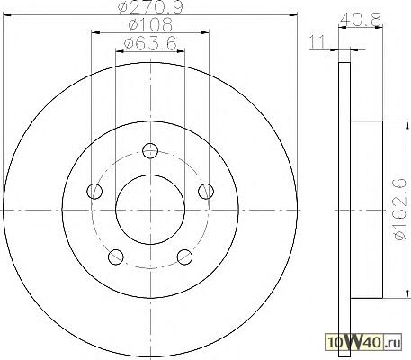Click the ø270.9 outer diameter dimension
click(150, 6)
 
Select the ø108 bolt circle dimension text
click(150, 25)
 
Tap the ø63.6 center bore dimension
click(150, 44)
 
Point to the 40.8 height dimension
click(361, 19)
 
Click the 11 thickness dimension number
click(317, 41)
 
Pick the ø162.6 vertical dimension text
click(401, 210)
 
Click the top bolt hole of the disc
click(150, 150)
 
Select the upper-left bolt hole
click(94, 191)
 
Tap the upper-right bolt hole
click(206, 191)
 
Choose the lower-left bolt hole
click(116, 256)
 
